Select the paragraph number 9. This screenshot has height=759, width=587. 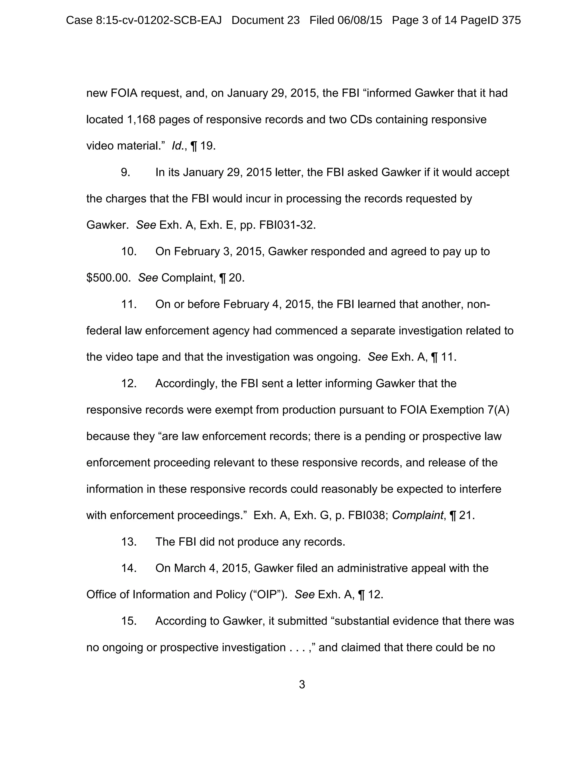click(126, 172)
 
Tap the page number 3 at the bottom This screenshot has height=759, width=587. click(302, 685)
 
